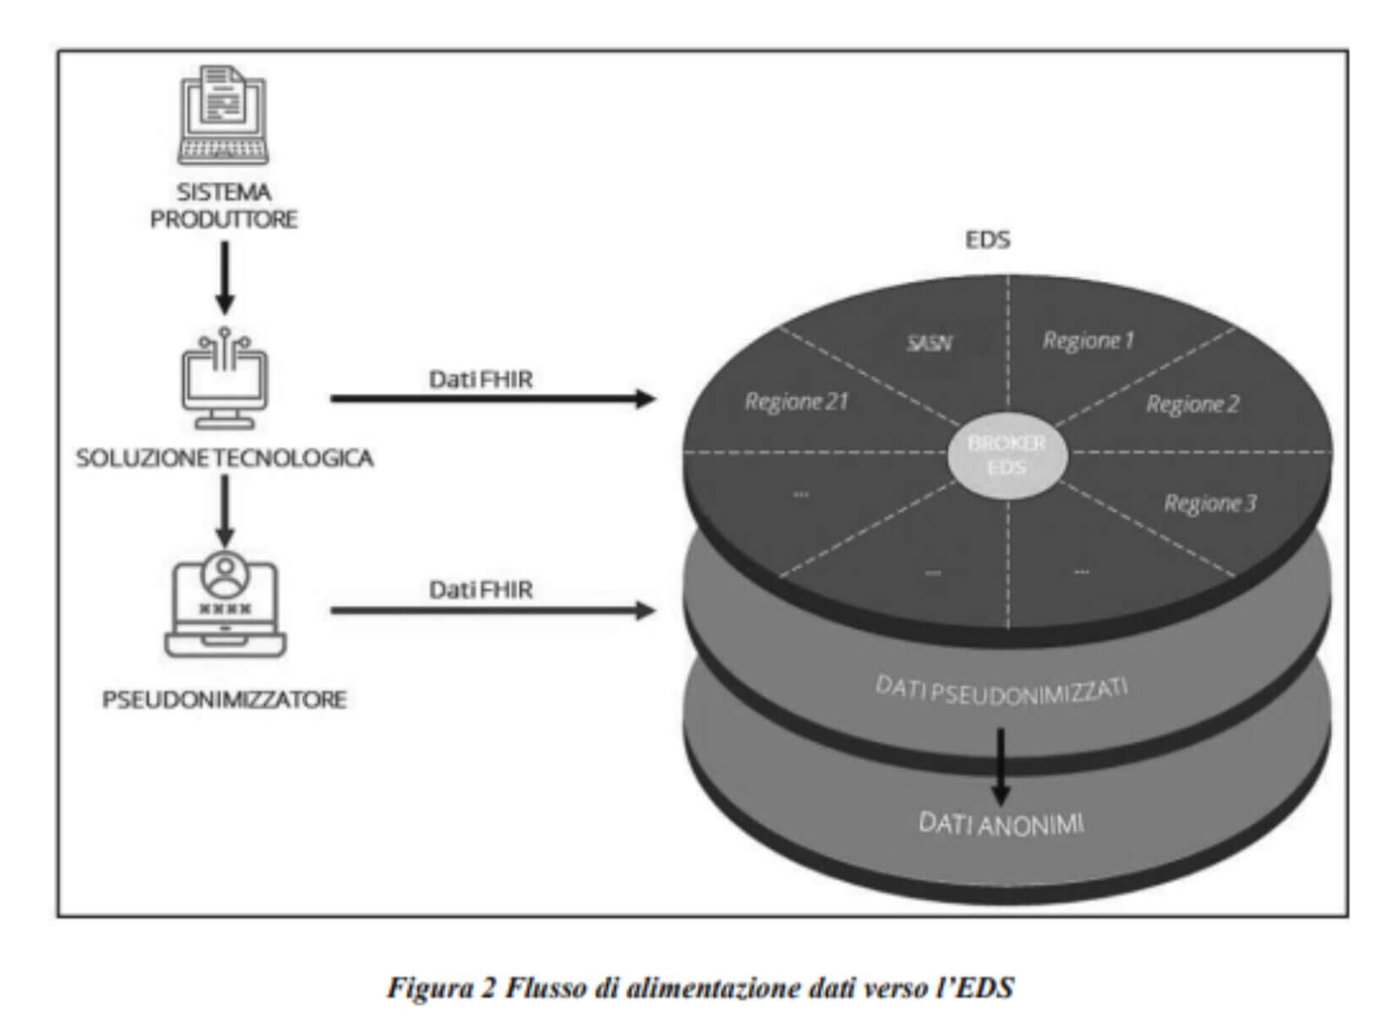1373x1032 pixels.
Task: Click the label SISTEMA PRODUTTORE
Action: click(224, 205)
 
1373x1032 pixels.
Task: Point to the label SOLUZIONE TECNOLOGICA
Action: click(225, 458)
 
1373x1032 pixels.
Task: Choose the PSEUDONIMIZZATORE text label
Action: click(225, 699)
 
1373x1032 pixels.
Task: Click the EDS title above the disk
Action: click(987, 240)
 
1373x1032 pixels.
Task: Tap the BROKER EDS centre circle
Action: click(1007, 455)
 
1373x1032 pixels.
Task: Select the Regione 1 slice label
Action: click(1088, 340)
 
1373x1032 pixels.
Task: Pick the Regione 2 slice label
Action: click(1192, 404)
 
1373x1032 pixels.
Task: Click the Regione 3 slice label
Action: click(1210, 503)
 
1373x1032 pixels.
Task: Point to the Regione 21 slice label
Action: click(795, 401)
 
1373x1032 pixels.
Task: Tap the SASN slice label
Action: click(929, 343)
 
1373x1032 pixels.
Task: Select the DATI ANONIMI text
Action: click(1001, 823)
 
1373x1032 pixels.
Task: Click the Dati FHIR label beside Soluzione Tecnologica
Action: click(481, 379)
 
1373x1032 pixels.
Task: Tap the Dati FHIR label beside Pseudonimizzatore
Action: click(481, 589)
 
